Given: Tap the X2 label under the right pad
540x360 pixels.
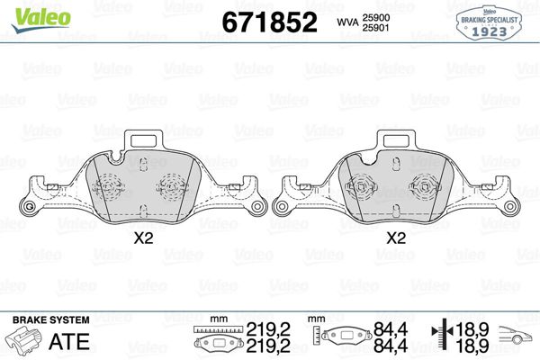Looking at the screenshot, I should point(394,239).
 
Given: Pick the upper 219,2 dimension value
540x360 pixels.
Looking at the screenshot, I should point(269,329).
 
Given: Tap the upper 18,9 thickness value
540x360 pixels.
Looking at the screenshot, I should point(474,329).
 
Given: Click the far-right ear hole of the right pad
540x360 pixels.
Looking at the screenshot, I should point(510,209).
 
